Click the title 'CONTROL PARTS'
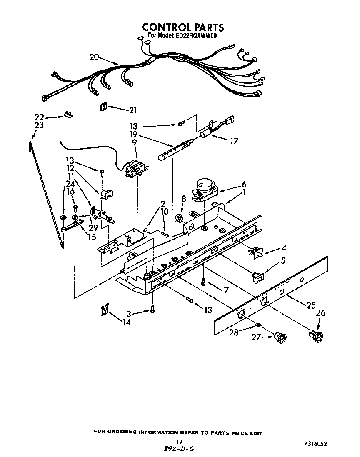(x=183, y=27)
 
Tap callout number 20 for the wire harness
(x=94, y=57)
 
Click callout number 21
(x=133, y=110)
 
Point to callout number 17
(x=234, y=141)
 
